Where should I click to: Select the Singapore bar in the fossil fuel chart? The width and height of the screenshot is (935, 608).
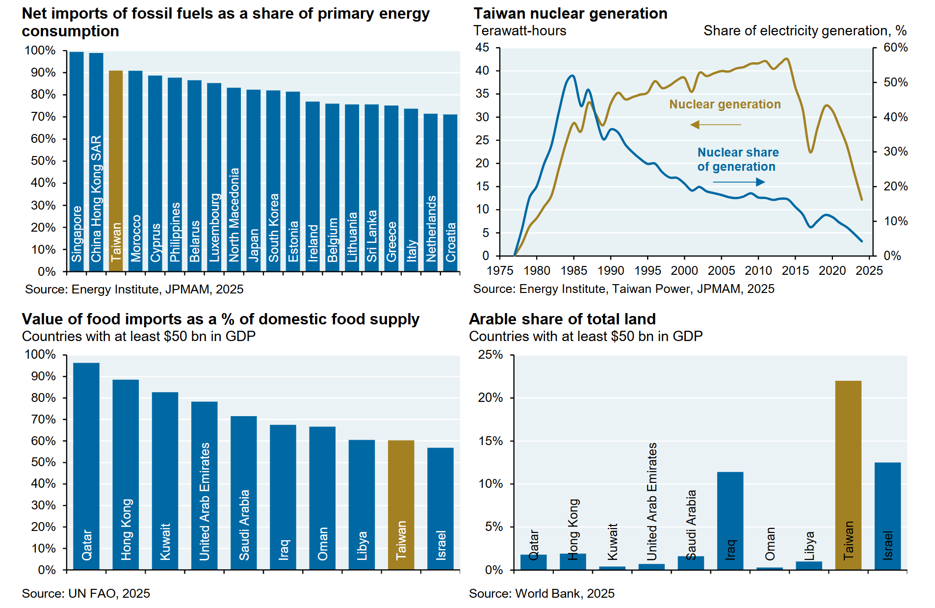[x=77, y=161]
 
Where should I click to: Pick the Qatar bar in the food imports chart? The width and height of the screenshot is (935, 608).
[x=86, y=466]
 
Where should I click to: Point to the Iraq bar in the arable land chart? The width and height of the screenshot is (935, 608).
[x=730, y=520]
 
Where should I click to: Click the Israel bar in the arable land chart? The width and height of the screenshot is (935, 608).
[x=887, y=515]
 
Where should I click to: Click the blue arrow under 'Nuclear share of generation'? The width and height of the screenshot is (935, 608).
[x=739, y=182]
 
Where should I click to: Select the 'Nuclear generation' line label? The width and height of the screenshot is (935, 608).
[x=725, y=105]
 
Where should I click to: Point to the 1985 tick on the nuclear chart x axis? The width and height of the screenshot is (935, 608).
[x=573, y=270]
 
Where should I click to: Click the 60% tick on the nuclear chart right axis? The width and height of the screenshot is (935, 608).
[x=895, y=48]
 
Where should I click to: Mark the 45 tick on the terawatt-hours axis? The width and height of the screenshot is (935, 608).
[x=482, y=48]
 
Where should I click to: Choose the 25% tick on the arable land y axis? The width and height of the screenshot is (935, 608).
[x=491, y=355]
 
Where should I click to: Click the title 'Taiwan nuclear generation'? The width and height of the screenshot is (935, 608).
[x=570, y=13]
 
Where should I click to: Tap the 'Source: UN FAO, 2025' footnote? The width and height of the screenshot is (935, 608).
[x=86, y=593]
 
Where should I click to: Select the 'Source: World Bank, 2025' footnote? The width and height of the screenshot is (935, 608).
[x=542, y=593]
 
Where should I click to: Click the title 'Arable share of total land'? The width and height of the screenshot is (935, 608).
[x=562, y=319]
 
